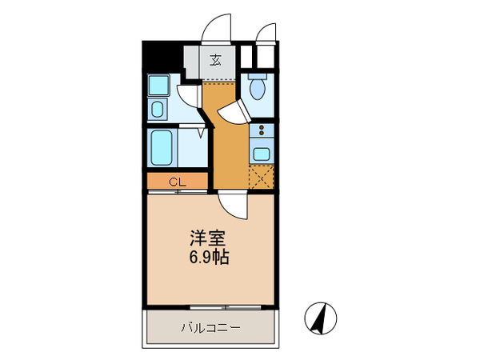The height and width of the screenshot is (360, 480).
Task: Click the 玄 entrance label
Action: (216, 60)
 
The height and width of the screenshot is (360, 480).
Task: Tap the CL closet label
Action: (177, 182)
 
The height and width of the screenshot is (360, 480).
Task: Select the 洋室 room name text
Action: (206, 238)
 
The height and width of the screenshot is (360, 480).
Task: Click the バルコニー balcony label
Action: (210, 326)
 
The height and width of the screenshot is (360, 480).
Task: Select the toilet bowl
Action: (258, 85)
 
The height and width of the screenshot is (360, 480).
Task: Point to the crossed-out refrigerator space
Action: (262, 177)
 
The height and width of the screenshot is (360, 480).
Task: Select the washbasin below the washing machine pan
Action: (158, 109)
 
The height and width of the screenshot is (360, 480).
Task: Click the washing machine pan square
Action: (158, 85)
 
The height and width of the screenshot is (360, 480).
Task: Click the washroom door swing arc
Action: (190, 96)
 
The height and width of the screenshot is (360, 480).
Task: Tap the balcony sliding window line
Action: (210, 307)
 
